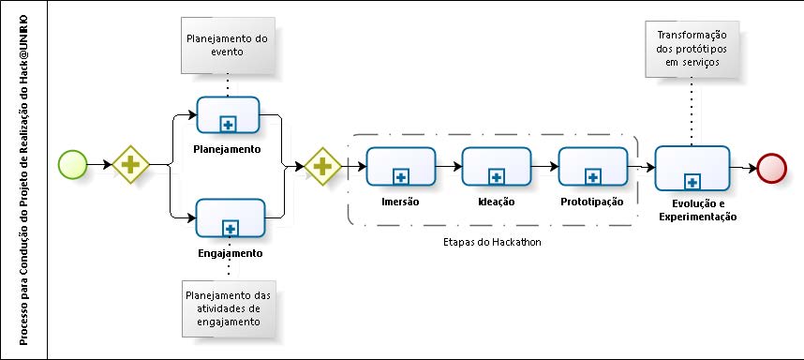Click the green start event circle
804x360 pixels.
tap(73, 165)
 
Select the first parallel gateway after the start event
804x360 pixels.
tap(130, 165)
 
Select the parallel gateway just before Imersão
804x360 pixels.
tap(321, 166)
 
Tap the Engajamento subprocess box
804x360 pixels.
tap(227, 218)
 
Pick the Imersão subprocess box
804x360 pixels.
tap(400, 166)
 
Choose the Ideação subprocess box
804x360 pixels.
tap(496, 166)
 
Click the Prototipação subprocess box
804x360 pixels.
tap(592, 166)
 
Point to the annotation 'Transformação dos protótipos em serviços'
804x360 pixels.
tap(692, 49)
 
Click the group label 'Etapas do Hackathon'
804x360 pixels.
tap(493, 241)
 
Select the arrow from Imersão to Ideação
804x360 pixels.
tap(448, 166)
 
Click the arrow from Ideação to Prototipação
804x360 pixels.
tap(543, 166)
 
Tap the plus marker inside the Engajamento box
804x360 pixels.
tap(229, 227)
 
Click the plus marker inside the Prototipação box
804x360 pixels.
tap(592, 175)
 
